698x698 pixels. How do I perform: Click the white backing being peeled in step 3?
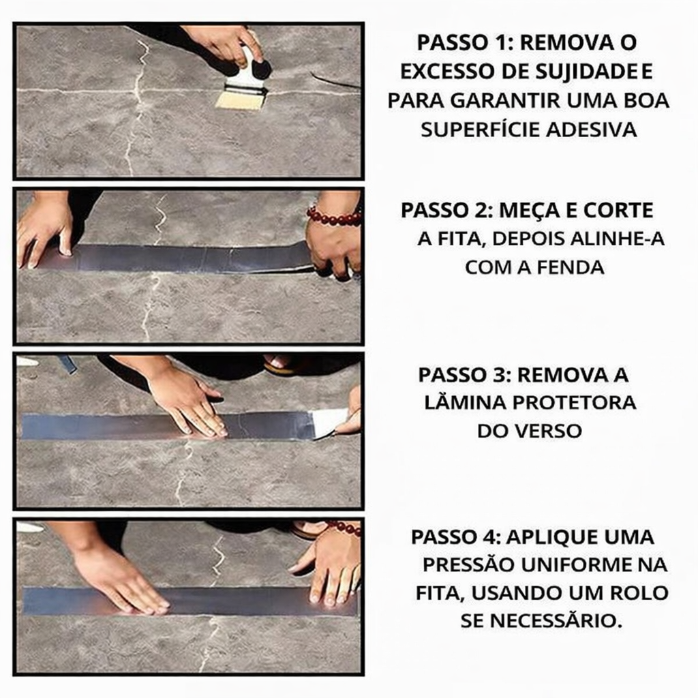coord(329,421)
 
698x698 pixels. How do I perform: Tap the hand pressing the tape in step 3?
coord(187,402)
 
